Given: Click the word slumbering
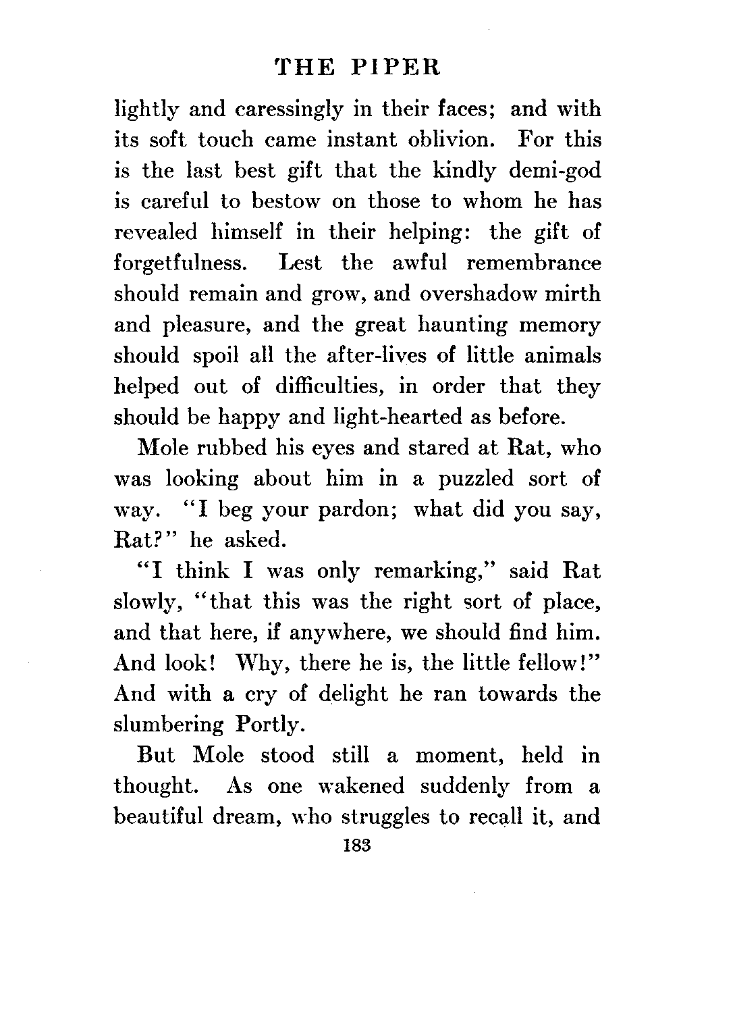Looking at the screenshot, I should pyautogui.click(x=169, y=725).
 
